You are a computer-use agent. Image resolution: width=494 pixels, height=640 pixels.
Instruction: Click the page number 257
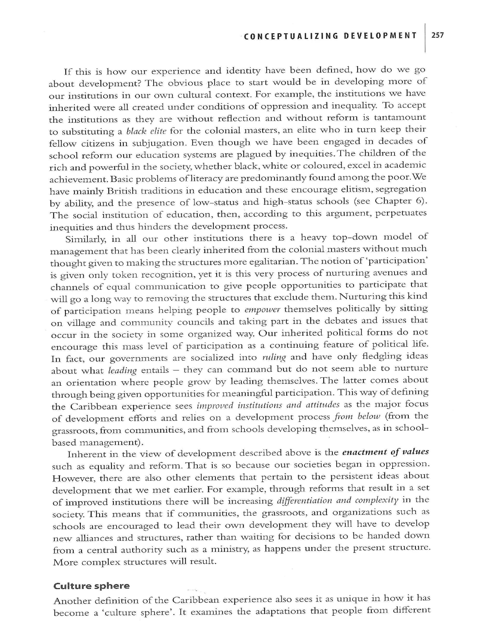[438, 36]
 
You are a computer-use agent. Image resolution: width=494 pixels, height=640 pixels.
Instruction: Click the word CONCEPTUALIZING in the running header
[291, 36]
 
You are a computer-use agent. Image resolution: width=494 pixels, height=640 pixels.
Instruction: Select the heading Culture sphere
[91, 586]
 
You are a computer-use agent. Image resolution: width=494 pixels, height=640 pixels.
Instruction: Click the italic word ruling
[274, 357]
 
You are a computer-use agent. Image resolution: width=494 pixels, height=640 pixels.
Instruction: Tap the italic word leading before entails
[122, 370]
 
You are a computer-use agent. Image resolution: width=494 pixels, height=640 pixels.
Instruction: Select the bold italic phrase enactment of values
[385, 452]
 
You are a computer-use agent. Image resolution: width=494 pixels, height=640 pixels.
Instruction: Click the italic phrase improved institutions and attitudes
[268, 405]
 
